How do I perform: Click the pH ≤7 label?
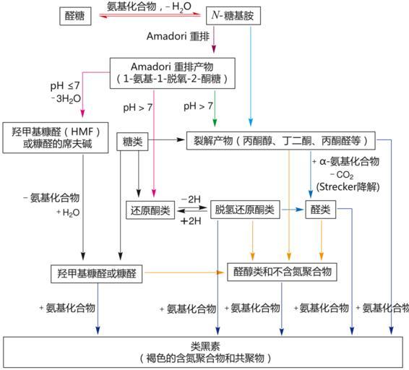tap(65, 85)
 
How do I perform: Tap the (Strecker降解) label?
tap(348, 187)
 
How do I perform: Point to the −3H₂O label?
tap(66, 99)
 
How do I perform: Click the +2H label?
tap(191, 221)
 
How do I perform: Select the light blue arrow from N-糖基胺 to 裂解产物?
tap(251, 76)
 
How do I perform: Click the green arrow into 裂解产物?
tap(215, 108)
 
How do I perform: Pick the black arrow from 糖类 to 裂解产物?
tap(166, 140)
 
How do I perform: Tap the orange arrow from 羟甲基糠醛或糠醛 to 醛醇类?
tap(184, 272)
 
